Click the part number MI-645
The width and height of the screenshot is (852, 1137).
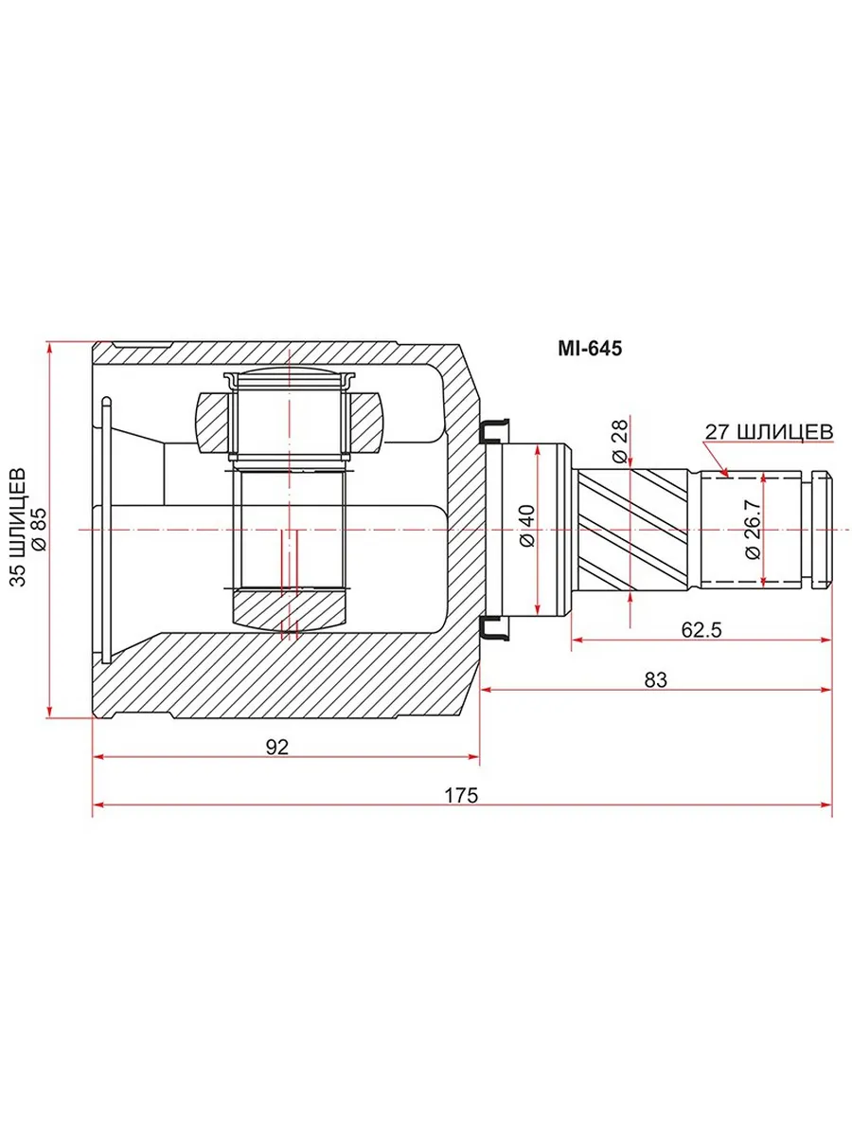tap(589, 349)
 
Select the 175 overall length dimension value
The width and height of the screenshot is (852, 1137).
tap(461, 795)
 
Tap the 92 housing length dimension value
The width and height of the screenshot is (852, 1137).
tap(276, 747)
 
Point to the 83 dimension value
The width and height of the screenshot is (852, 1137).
tap(656, 680)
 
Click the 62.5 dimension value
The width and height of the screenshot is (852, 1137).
tap(701, 630)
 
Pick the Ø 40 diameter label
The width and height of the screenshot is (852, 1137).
tap(527, 526)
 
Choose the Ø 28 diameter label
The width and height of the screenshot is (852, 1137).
tap(619, 441)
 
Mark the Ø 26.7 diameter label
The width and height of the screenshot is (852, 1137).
tap(753, 529)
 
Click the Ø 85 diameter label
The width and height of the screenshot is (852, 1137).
tap(39, 529)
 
